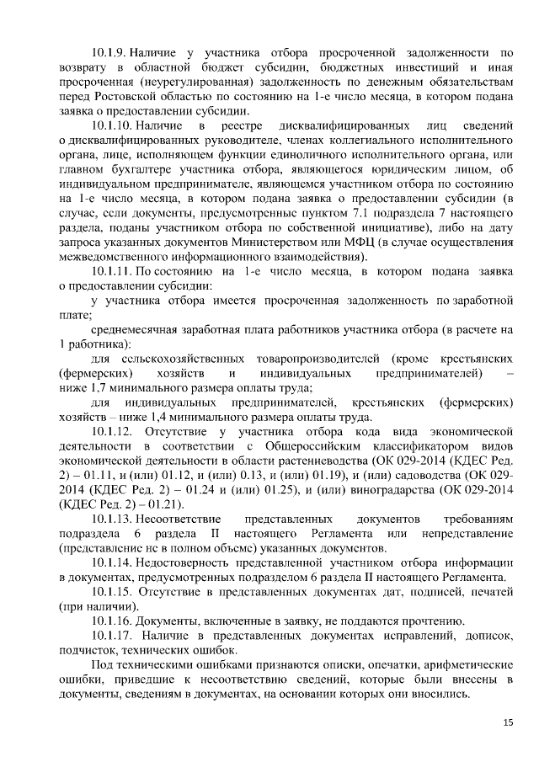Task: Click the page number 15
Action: coord(508,722)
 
